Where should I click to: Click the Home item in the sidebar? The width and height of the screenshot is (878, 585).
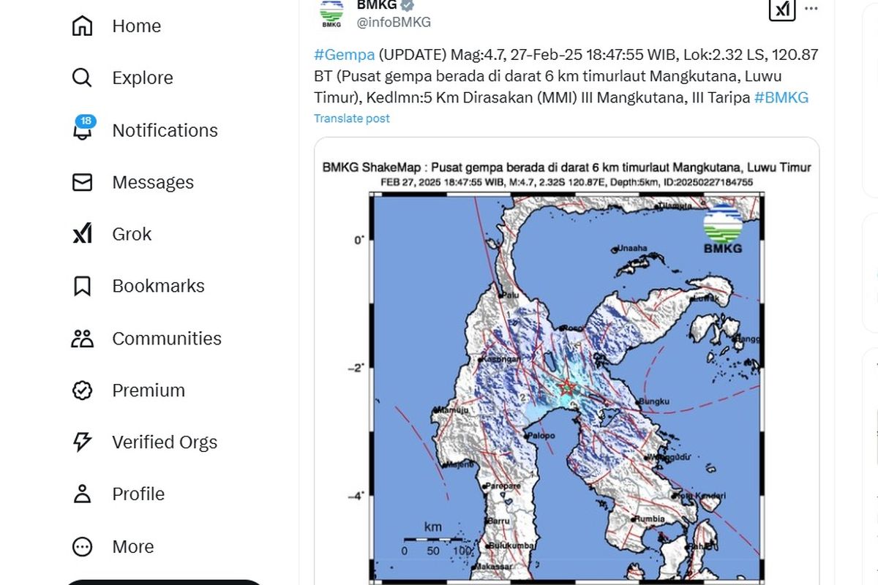[136, 26]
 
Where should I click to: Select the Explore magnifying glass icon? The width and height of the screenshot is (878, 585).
[82, 78]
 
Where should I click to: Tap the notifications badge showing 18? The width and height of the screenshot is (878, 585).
[86, 121]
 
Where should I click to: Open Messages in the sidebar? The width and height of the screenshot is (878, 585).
[152, 182]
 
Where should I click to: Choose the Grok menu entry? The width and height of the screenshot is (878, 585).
[132, 234]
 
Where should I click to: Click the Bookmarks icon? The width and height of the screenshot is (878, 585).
[82, 286]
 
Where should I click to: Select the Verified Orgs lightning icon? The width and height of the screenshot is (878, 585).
[82, 442]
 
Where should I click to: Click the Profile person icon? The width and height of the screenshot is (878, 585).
[82, 494]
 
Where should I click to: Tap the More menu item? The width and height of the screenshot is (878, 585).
[132, 546]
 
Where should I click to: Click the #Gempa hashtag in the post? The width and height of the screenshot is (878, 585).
[344, 55]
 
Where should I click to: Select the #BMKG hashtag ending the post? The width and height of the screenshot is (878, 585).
[781, 98]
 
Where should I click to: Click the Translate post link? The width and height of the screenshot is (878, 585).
[352, 118]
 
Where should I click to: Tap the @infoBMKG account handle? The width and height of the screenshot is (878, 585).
[394, 22]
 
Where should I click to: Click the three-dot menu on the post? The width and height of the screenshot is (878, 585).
[811, 9]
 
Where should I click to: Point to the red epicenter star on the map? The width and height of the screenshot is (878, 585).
[566, 387]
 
